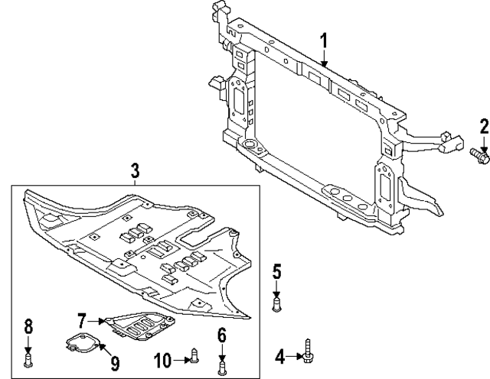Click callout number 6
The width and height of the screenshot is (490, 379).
(222, 334)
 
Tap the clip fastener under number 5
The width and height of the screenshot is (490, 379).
(277, 305)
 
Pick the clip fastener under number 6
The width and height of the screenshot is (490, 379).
(222, 368)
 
